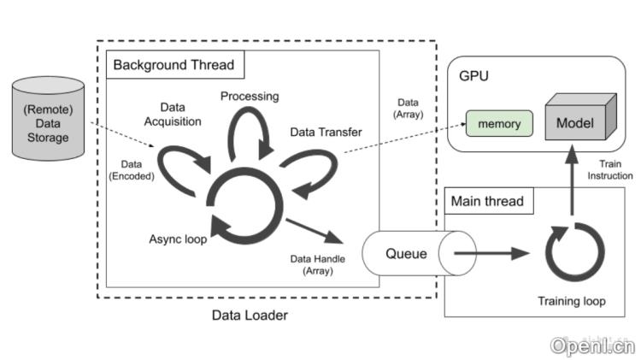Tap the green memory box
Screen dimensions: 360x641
[x=499, y=124]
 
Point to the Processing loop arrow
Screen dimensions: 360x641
[x=248, y=135]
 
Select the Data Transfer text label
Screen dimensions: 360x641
[x=325, y=133]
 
